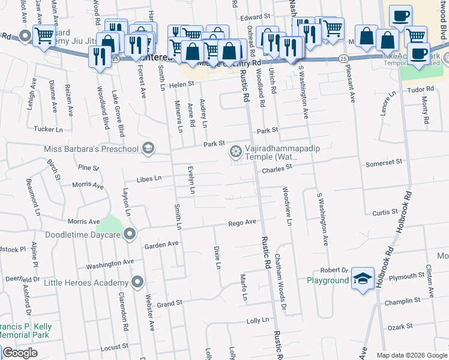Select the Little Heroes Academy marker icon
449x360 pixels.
138,281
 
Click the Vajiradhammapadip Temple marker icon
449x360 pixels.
236,152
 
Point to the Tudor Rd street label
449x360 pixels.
420,89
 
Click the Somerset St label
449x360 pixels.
384,162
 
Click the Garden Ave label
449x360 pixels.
161,244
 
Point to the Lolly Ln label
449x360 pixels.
258,320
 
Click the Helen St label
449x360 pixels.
182,85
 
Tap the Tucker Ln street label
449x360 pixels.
48,129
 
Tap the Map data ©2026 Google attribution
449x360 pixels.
411,355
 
